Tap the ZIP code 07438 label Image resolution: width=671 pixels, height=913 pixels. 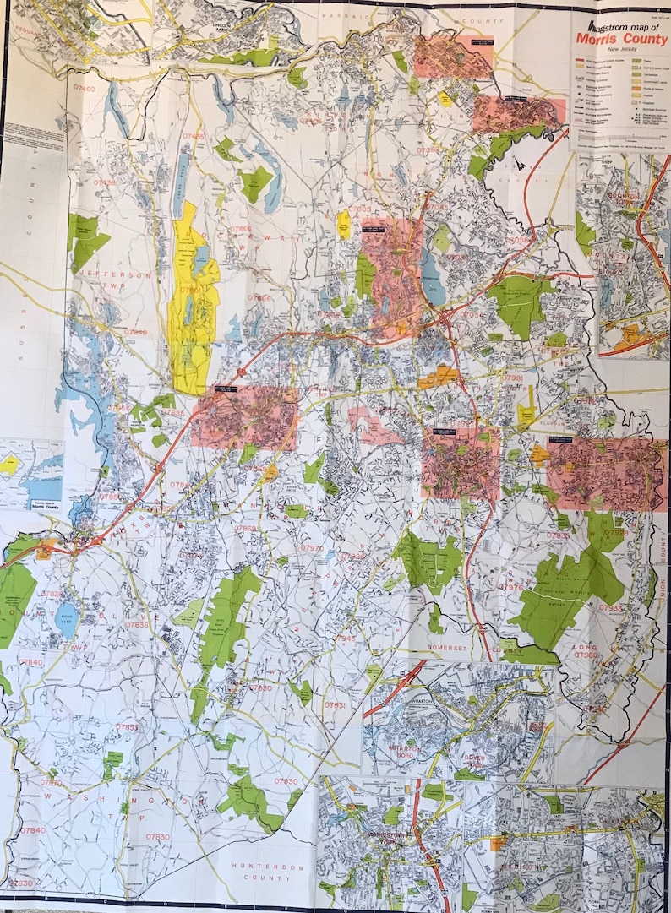[x=105, y=182]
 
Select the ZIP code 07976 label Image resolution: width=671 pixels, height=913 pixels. [x=511, y=588]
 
